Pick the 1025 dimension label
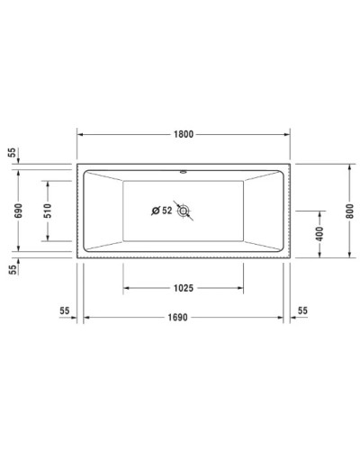(183, 288)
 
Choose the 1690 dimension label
(183, 318)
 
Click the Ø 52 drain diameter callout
(162, 211)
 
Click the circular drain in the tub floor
(184, 211)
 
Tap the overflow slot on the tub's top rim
(184, 168)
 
